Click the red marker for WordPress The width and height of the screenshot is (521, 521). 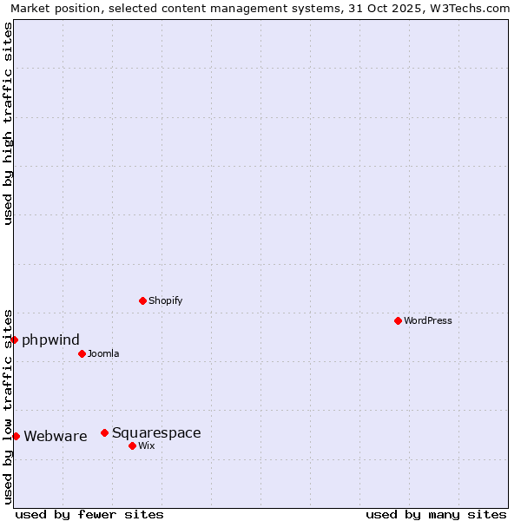coord(398,320)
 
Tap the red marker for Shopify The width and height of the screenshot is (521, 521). coord(142,300)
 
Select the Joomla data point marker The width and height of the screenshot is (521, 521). coord(82,353)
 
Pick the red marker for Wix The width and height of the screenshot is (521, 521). coord(132,445)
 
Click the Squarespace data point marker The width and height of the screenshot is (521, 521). coord(104,432)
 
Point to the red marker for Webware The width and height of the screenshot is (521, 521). coord(16,436)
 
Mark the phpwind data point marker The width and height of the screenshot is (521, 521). coord(14,340)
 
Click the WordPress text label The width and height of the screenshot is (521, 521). coord(428,320)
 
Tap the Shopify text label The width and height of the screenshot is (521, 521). coord(165,300)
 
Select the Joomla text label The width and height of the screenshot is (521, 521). coord(103,353)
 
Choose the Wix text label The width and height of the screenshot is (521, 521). coord(146,445)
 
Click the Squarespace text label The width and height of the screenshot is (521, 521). coord(156,432)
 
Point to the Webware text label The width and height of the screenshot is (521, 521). coord(56,436)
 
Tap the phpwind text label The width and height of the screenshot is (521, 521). coord(50,340)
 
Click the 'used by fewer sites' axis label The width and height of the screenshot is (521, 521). coord(89,514)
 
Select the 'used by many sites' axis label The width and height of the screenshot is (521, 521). coord(436,514)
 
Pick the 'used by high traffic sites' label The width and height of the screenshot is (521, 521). coord(8,123)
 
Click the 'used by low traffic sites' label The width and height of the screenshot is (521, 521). coord(8,406)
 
